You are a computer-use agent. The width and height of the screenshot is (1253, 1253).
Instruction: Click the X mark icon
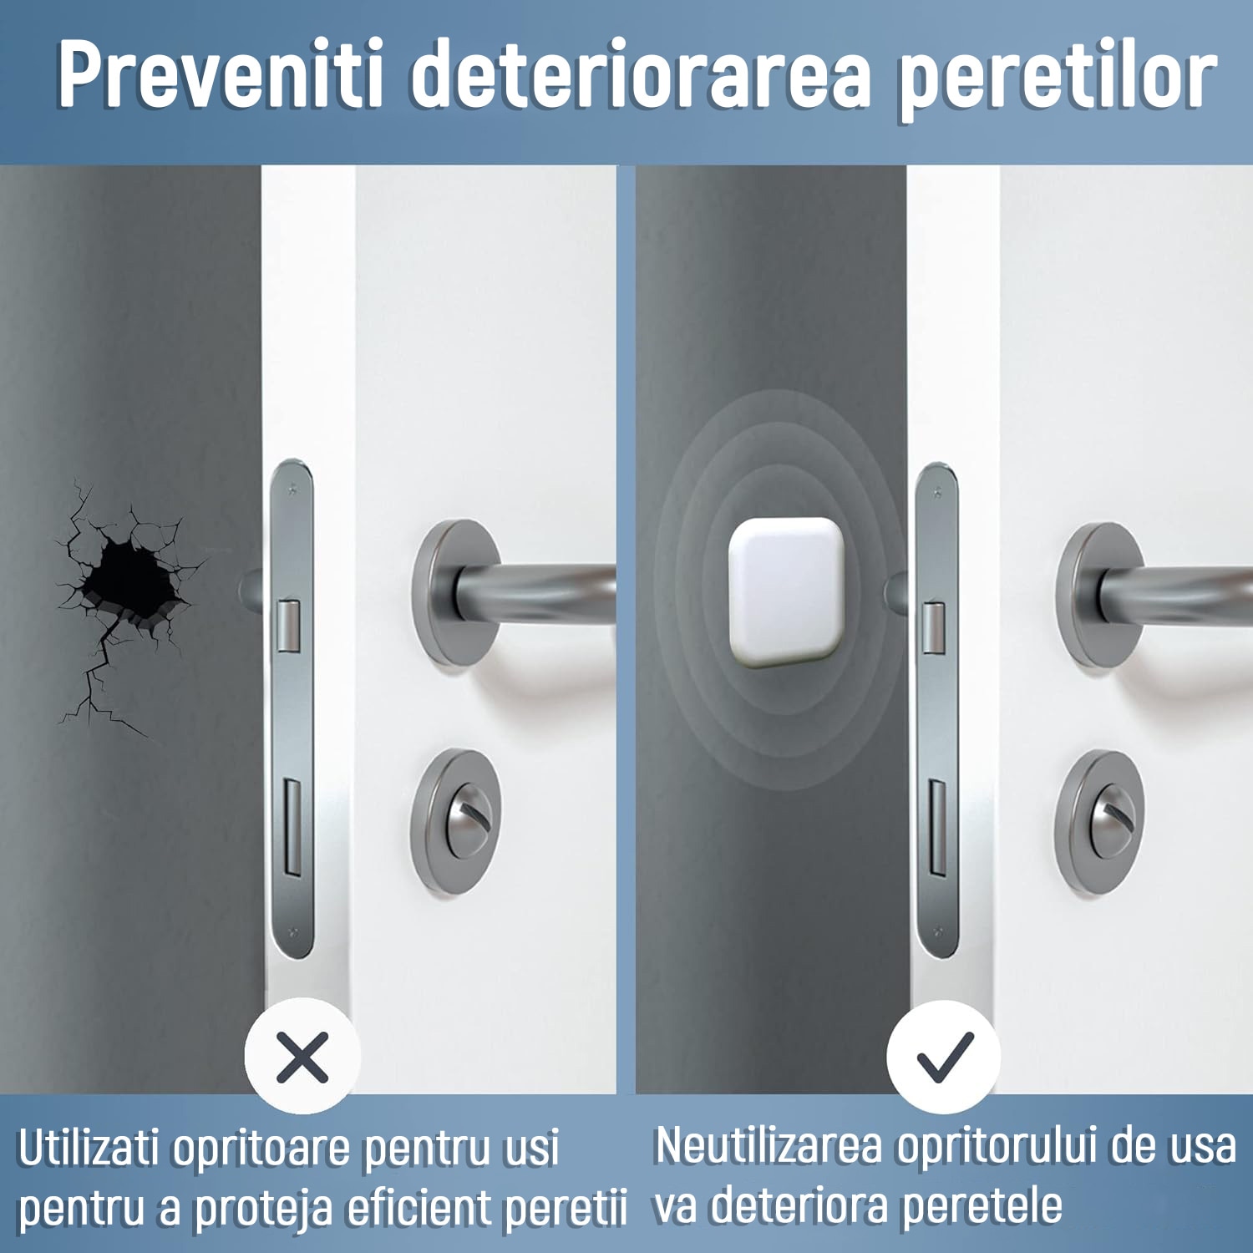tap(302, 1056)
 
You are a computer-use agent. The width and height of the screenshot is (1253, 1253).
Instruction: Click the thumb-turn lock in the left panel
tap(456, 822)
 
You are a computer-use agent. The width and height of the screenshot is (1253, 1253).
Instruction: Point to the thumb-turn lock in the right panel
tap(1098, 822)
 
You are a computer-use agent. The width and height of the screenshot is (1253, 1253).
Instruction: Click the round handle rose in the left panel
tap(458, 593)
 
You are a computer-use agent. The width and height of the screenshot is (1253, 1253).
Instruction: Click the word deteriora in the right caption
tap(799, 1205)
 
